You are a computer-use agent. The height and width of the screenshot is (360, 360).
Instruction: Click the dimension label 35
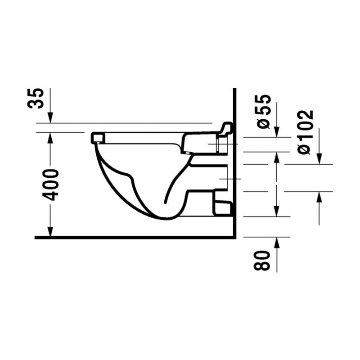click(36, 98)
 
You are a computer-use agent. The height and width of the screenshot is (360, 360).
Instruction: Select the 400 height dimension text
click(50, 184)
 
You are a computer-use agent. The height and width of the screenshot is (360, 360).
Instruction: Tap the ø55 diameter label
click(264, 112)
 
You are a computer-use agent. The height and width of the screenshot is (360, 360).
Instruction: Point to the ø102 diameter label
click(306, 132)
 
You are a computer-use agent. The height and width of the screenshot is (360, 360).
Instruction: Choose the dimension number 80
click(262, 261)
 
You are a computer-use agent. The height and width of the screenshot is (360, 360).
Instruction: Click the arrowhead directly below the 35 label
click(50, 117)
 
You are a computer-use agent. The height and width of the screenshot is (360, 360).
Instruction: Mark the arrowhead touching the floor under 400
click(50, 231)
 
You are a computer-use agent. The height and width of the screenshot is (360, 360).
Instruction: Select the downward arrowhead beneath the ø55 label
click(277, 132)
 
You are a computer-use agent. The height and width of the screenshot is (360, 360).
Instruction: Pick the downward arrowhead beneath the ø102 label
click(319, 159)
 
